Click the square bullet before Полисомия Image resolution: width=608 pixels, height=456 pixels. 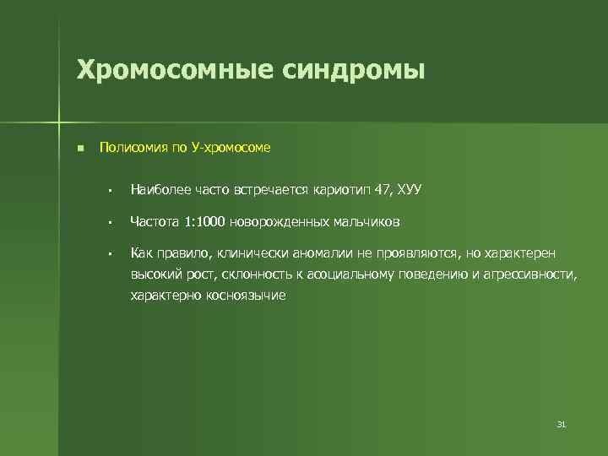79,149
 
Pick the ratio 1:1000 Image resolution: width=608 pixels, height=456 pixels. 204,222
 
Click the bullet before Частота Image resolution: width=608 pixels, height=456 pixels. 110,223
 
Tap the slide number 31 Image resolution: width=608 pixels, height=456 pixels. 561,424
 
